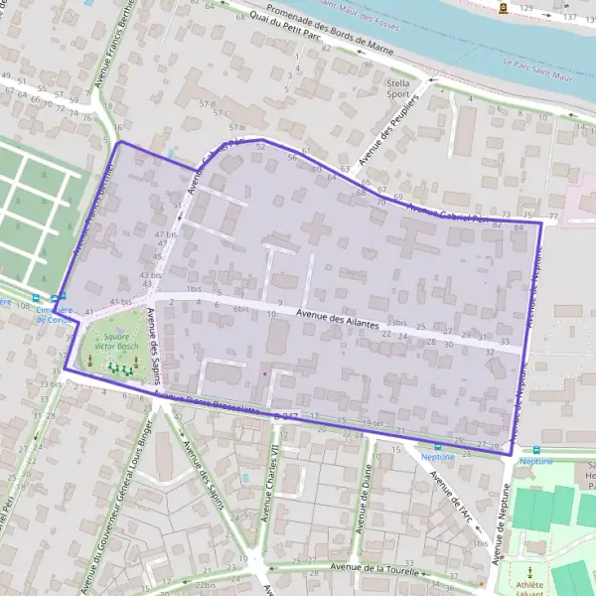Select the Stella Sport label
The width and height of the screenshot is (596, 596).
click(397, 89)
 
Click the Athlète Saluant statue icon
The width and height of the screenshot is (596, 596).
click(529, 571)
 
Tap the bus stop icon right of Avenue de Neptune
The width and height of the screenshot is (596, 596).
click(536, 449)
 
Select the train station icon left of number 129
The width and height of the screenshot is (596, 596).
click(505, 7)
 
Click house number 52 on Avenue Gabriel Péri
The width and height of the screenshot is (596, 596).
click(260, 147)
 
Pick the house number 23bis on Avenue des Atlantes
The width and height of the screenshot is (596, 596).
click(398, 323)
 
